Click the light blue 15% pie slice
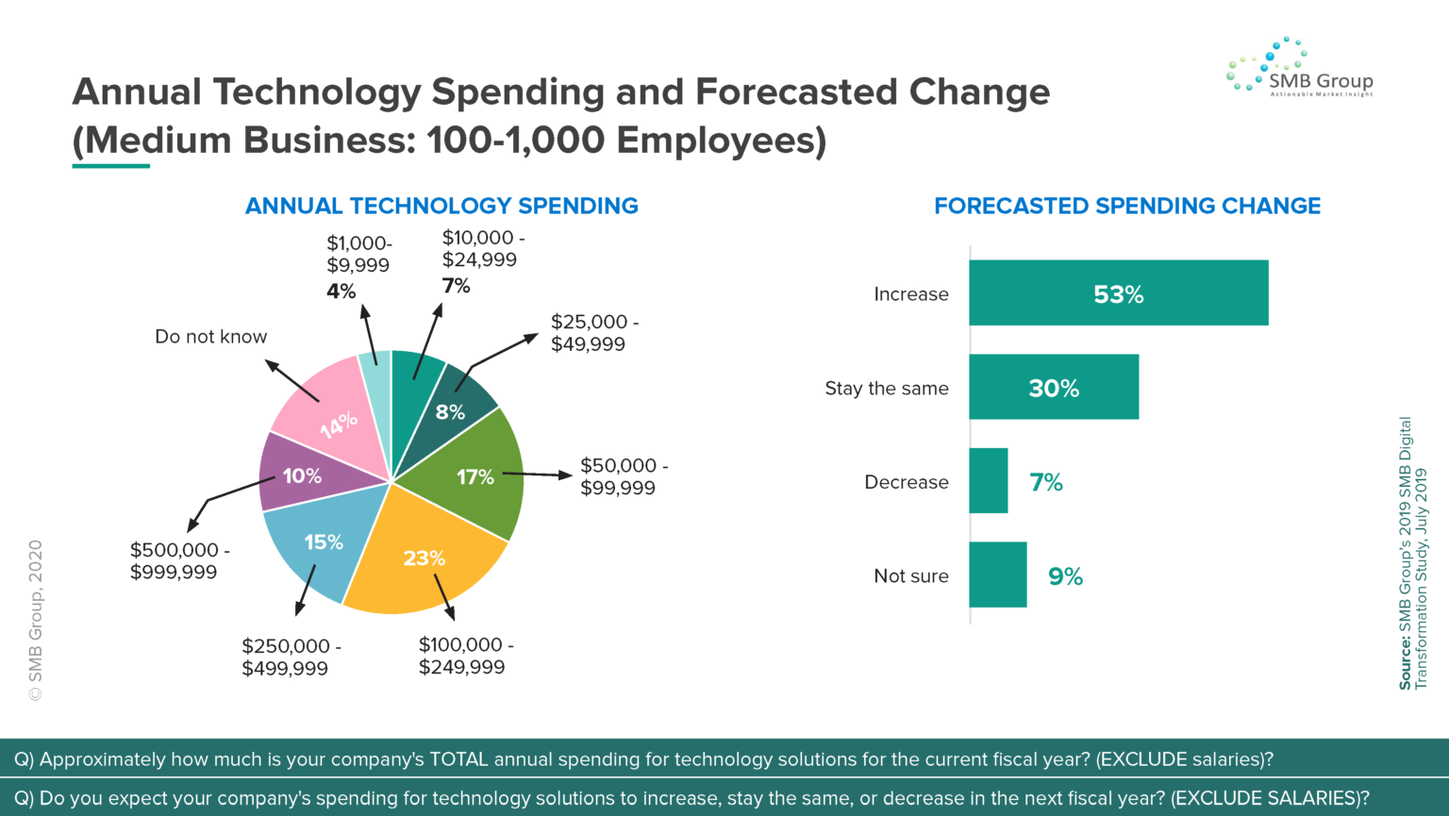(x=316, y=547)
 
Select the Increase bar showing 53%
(x=1118, y=294)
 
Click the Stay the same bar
(x=1053, y=388)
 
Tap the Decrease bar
(x=988, y=481)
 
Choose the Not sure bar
(x=997, y=575)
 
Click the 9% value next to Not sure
(x=1065, y=576)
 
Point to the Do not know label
(x=210, y=337)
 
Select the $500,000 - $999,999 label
(x=179, y=560)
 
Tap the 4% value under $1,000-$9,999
(x=341, y=291)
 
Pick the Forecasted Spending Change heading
(x=1126, y=206)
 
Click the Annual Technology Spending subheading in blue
(x=441, y=206)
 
